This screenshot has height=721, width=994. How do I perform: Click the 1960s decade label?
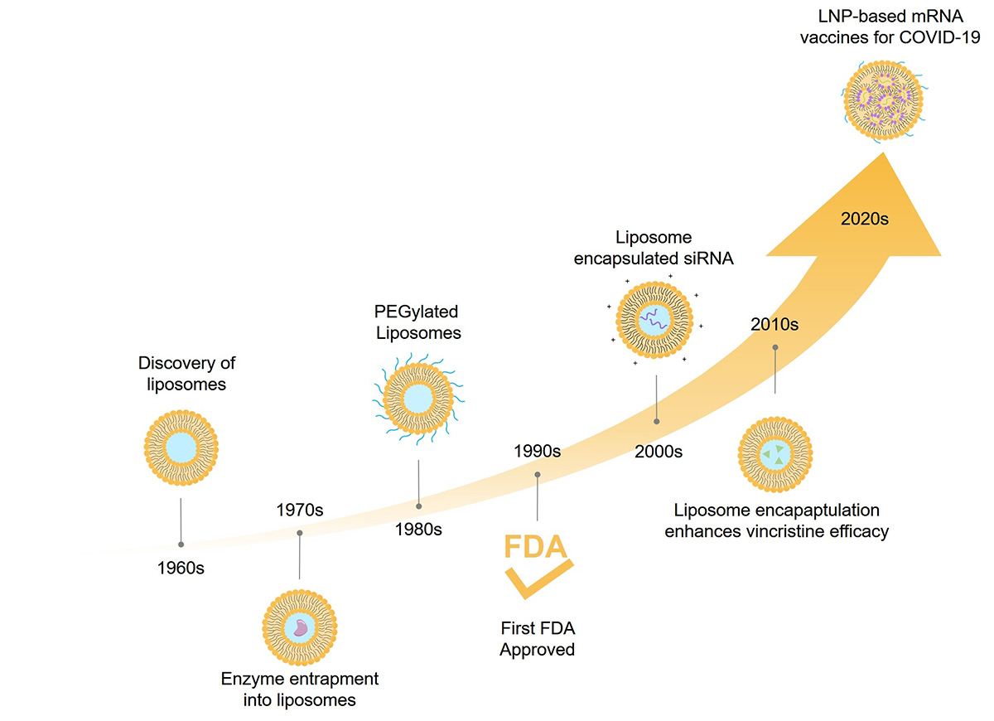tap(181, 569)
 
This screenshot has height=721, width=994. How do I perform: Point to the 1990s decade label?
tap(537, 452)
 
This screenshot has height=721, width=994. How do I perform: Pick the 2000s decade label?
tap(659, 452)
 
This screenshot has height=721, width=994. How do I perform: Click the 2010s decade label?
tap(774, 324)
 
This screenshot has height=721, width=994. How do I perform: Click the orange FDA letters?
tap(536, 548)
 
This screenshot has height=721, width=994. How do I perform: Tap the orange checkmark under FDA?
tap(538, 579)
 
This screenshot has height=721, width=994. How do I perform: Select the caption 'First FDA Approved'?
tap(537, 638)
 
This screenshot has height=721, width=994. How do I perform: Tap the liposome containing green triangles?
tap(774, 453)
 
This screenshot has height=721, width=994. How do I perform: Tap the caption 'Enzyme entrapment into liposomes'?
tap(299, 689)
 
